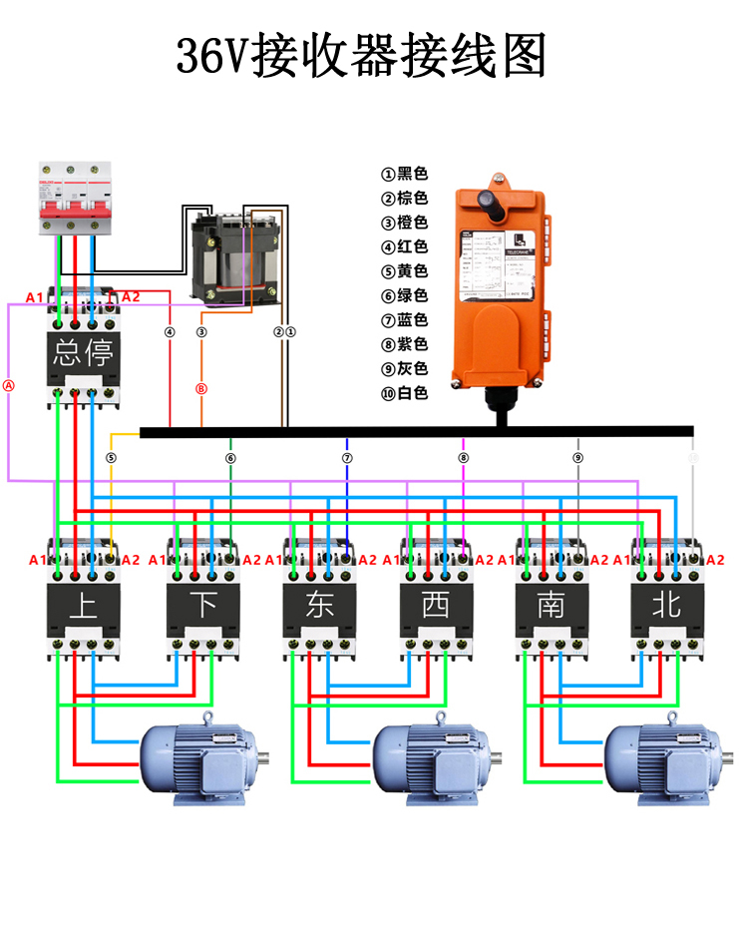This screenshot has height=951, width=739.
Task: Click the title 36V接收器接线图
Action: pyautogui.click(x=362, y=57)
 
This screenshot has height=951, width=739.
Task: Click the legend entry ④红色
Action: pyautogui.click(x=404, y=246)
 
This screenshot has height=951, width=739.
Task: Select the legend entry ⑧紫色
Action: pyautogui.click(x=404, y=344)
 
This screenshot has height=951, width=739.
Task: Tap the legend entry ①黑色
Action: pyautogui.click(x=404, y=174)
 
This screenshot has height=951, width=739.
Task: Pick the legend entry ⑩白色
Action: pyautogui.click(x=404, y=393)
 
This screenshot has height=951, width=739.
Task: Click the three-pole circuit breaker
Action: pyautogui.click(x=71, y=199)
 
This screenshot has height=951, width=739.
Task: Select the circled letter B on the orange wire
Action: pyautogui.click(x=201, y=388)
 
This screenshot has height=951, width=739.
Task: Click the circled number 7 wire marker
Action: pyautogui.click(x=347, y=458)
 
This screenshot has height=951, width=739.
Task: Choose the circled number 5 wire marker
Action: pyautogui.click(x=111, y=458)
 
